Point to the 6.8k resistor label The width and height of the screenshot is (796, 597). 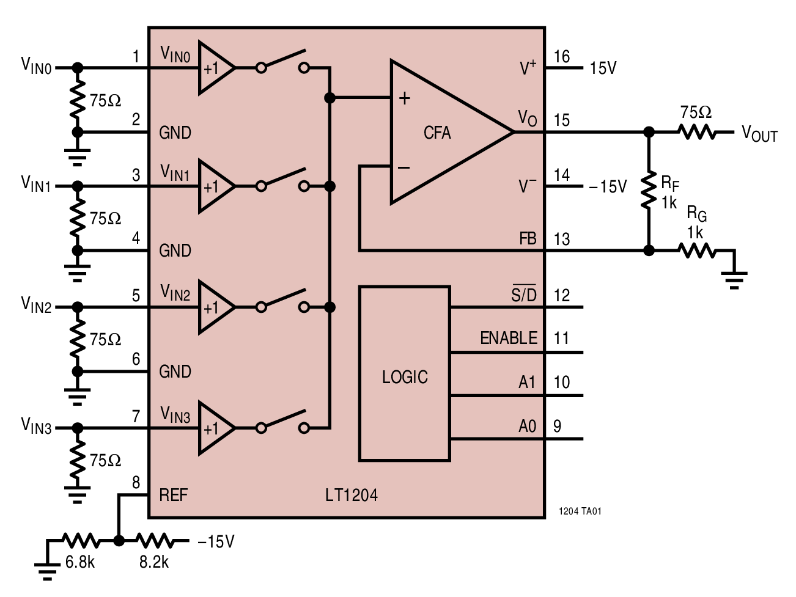coord(80,562)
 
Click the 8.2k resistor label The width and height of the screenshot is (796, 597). coord(154,562)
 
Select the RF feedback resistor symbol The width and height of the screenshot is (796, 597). coord(649,191)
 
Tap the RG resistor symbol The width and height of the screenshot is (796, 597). coord(696,251)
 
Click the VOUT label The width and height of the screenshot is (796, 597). coord(759,133)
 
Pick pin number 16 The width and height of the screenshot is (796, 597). coord(561,57)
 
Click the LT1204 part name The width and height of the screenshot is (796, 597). coord(351,495)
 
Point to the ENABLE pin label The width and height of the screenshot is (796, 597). coord(509,338)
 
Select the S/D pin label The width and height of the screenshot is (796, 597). coord(524,295)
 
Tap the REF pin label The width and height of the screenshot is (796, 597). coord(174,495)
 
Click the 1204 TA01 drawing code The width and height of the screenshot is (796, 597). coord(580,511)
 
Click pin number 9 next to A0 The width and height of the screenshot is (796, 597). coord(557,426)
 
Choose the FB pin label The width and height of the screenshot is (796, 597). coord(528,239)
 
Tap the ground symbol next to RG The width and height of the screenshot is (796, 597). coord(734,279)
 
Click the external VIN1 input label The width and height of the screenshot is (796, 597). coord(36,183)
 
